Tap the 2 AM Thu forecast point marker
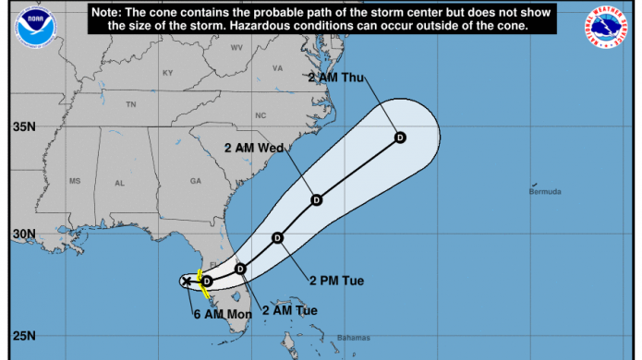click(x=400, y=138)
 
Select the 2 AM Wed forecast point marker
click(x=316, y=199)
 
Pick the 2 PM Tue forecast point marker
click(x=277, y=238)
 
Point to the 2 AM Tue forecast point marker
click(x=240, y=269)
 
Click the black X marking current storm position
click(x=187, y=281)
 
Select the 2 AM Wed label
click(x=254, y=147)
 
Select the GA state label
click(x=195, y=181)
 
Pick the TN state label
click(x=131, y=104)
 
